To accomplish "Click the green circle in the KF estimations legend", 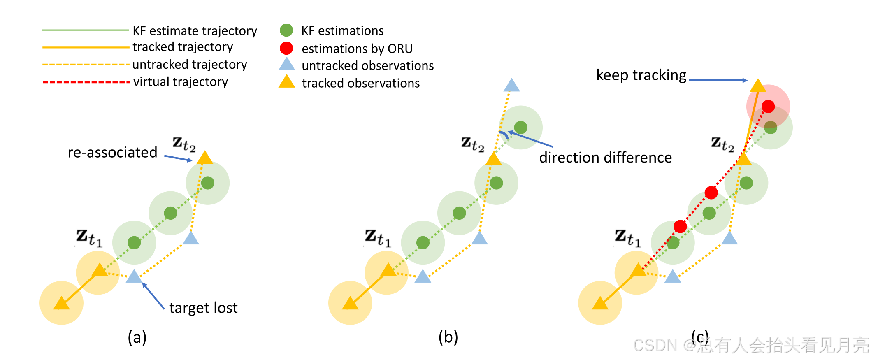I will pos(286,30).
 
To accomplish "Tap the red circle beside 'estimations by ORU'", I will pos(286,48).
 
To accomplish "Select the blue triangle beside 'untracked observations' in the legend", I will pos(287,65).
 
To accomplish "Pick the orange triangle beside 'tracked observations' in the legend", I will pos(287,82).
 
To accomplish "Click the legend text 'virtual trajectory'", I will pos(180,82).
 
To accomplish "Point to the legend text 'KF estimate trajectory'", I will pos(195,31).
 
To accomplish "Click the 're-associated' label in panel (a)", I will pos(112,153).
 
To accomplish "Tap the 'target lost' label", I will pos(203,308).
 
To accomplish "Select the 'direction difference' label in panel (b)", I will pos(605,158).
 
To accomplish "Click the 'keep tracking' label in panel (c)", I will pos(641,75).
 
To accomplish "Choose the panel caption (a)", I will pos(137,337).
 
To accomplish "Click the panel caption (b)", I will pos(448,337).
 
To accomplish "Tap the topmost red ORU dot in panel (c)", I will pos(768,107).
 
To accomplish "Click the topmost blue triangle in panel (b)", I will pos(511,85).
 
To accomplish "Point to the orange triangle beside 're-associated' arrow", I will pos(205,158).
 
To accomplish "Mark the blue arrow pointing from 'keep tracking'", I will pos(718,80).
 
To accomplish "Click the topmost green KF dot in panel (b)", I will pos(520,128).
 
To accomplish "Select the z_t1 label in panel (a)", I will pos(89,238).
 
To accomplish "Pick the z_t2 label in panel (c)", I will pos(722,144).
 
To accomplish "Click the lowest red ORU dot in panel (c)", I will pos(680,226).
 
